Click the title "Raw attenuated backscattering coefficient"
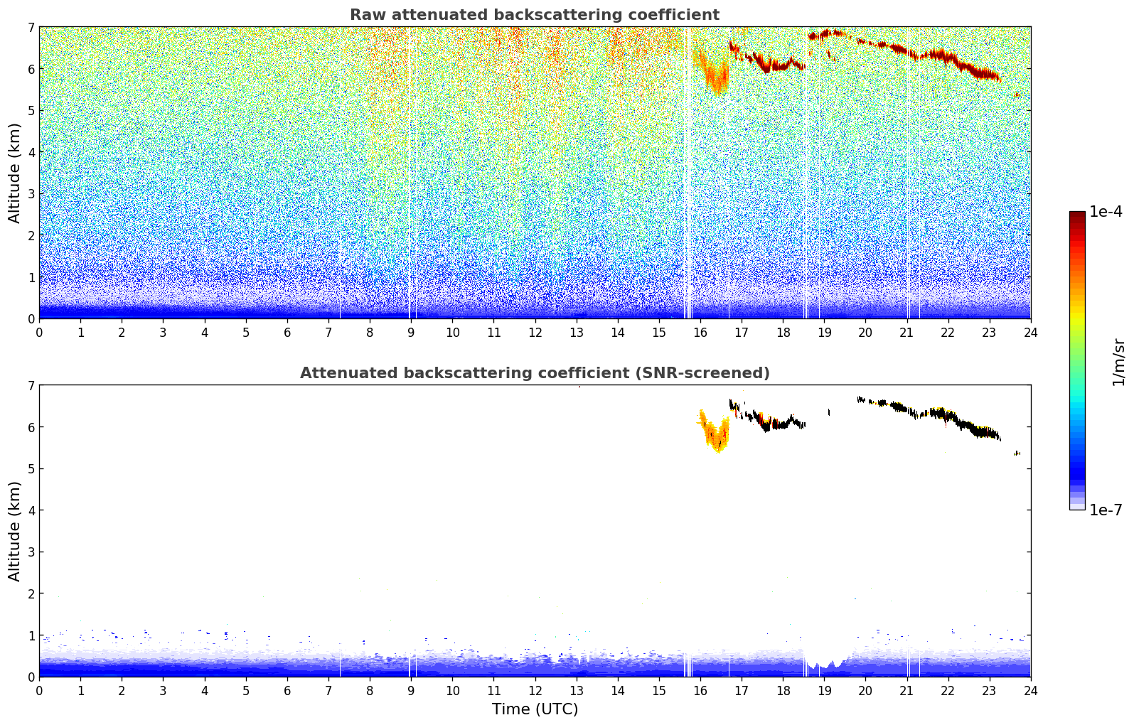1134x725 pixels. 534,15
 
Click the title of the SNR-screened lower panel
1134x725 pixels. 534,373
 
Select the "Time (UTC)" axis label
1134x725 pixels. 535,709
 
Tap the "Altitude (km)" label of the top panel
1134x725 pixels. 15,173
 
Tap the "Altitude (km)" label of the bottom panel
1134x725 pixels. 15,531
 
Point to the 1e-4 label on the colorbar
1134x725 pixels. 1106,212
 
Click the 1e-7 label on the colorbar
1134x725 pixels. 1106,510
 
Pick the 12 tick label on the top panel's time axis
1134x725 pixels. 535,332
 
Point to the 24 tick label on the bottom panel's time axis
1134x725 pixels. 1030,690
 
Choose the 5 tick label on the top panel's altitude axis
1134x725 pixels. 31,111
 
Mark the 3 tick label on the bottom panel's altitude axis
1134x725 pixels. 31,552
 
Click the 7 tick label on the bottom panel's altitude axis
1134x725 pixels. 31,386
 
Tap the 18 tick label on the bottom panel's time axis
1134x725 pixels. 783,690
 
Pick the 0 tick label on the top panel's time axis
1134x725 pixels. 39,332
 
